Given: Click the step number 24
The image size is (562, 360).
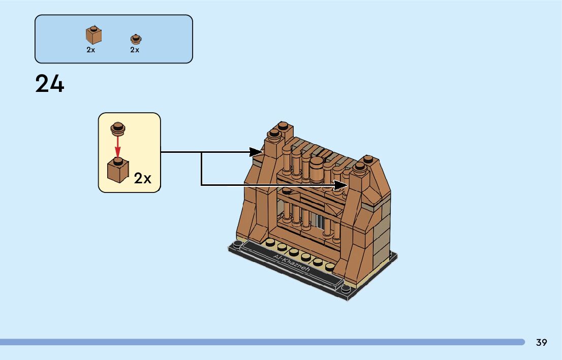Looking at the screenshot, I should coord(50,84).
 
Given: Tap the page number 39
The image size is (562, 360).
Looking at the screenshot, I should coord(541,342).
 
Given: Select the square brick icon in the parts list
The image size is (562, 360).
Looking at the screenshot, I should coord(93,35).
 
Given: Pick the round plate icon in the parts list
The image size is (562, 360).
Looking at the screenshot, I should coord(135,39).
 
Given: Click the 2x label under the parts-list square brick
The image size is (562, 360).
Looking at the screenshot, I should coord(91,50).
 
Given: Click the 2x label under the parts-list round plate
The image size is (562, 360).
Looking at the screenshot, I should coord(135,50).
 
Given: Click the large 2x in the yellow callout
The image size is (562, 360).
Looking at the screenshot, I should coord(143,178).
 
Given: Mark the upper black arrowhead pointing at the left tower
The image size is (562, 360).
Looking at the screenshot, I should coord(256,151).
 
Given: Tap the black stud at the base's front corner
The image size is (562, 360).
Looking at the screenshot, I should coord(346,290).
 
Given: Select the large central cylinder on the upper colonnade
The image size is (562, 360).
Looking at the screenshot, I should coord(317,170).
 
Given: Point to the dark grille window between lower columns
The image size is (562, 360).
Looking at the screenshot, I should coord(321,221).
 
